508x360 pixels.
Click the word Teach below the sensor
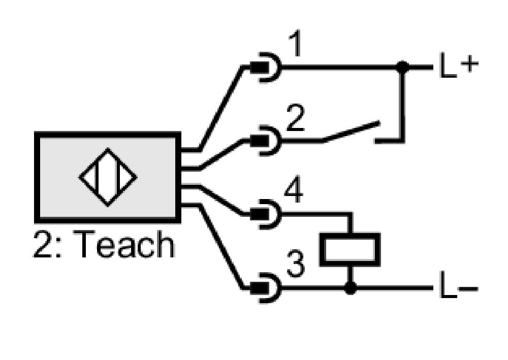(x=125, y=244)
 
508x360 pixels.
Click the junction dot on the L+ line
(x=402, y=68)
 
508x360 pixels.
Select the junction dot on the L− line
(x=350, y=288)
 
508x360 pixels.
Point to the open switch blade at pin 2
(x=351, y=132)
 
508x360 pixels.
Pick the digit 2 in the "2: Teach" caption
(x=42, y=244)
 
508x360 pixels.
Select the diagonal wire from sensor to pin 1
(x=221, y=109)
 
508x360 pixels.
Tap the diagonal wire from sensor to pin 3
(x=222, y=246)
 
